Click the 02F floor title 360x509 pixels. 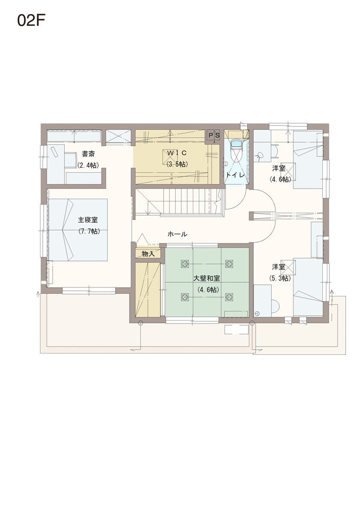click(31, 21)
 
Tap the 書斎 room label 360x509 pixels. click(88, 154)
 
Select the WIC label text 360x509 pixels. click(177, 153)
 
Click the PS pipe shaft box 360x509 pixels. click(214, 135)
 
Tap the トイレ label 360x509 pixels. click(235, 175)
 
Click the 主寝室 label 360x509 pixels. click(88, 220)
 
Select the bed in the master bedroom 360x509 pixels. click(78, 230)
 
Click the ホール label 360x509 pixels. click(177, 234)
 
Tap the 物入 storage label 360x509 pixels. click(148, 254)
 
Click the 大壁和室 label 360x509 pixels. click(207, 278)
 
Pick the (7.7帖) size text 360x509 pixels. click(89, 231)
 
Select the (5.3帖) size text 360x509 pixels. click(280, 278)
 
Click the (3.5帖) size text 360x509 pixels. click(177, 164)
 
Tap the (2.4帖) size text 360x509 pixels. click(88, 165)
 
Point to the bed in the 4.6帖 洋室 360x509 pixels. click(308, 160)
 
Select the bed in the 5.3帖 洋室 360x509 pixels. click(308, 287)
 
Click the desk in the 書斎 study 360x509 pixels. click(56, 164)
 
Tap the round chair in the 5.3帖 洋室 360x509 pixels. click(275, 306)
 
